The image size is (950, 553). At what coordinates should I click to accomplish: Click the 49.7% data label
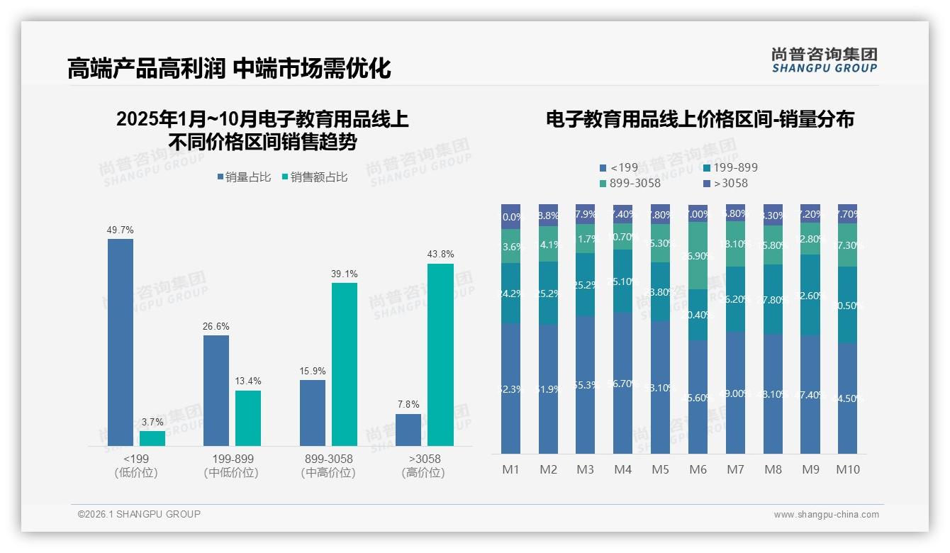point(120,230)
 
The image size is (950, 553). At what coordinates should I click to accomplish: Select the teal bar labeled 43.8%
point(440,354)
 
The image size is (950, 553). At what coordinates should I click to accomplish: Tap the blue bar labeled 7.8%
point(408,430)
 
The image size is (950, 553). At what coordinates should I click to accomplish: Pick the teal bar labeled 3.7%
point(152,438)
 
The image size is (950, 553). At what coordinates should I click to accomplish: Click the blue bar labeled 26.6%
point(216,390)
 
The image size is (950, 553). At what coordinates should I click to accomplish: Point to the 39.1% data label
point(345,274)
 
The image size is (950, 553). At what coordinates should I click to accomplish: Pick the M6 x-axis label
point(698,469)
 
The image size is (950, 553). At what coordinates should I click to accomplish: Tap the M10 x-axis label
point(847,469)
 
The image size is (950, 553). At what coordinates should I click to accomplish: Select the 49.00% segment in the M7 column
point(735,393)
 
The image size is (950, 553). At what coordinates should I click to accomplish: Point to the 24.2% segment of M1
point(511,294)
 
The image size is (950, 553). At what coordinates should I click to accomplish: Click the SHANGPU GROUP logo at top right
point(825,60)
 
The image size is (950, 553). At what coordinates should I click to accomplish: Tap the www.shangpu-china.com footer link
point(826,515)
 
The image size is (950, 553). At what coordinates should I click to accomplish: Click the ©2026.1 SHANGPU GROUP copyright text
point(139,514)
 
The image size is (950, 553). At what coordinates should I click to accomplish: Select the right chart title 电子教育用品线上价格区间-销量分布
point(700,119)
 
